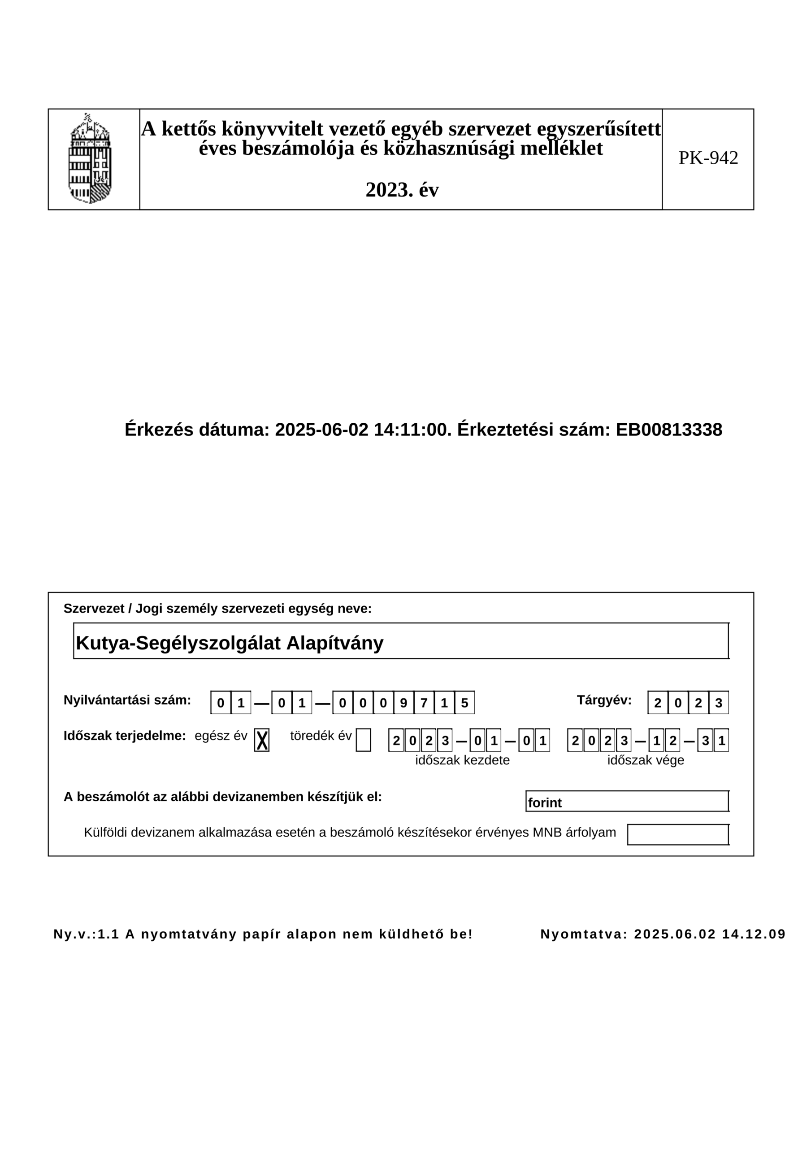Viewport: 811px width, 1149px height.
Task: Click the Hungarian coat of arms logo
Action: (x=90, y=158)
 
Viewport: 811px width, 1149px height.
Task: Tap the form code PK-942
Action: (x=707, y=158)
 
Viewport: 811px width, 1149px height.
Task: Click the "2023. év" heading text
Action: (x=402, y=190)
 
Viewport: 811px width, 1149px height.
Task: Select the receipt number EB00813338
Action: (x=668, y=430)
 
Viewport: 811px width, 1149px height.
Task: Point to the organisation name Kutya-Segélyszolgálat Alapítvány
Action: (x=230, y=643)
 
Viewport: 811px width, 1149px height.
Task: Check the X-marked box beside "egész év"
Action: (x=261, y=740)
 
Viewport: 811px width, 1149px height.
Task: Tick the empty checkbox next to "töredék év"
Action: (x=363, y=740)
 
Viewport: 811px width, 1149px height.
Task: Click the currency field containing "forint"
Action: (x=627, y=803)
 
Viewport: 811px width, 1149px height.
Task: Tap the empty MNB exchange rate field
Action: (x=677, y=835)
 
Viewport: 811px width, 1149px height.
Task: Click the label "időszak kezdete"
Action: (x=462, y=760)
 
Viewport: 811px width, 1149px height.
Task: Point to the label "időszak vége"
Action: (x=646, y=760)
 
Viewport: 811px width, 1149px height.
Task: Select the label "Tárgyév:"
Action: (x=604, y=700)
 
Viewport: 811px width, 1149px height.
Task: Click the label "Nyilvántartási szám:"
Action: (x=127, y=700)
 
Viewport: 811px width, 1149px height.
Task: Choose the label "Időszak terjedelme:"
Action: (x=125, y=736)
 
